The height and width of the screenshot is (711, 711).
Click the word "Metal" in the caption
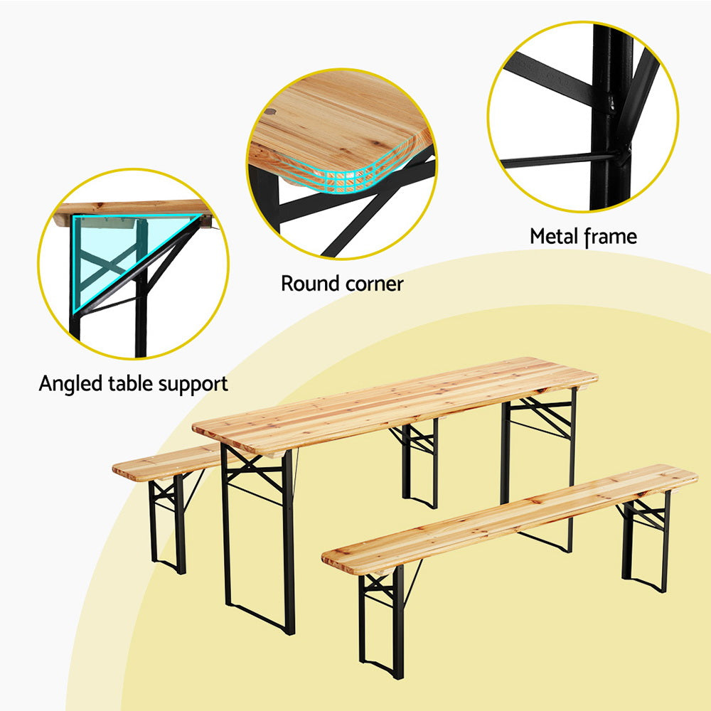555,236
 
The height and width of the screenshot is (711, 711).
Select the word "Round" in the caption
310,284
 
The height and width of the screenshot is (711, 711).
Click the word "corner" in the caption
373,284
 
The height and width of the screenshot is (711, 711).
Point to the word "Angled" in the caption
71,385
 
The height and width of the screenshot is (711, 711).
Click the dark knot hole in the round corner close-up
271,111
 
